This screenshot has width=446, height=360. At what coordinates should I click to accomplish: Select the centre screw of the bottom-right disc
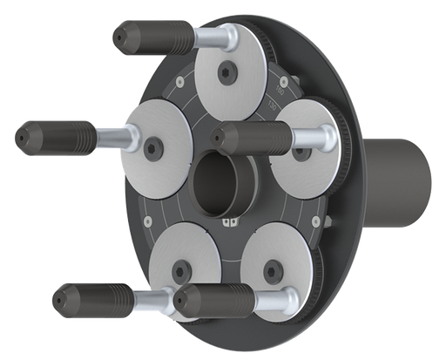click(x=280, y=268)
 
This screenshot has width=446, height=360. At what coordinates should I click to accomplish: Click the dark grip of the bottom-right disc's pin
click(x=213, y=302)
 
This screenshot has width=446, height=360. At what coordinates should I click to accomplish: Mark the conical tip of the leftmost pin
click(x=21, y=135)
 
